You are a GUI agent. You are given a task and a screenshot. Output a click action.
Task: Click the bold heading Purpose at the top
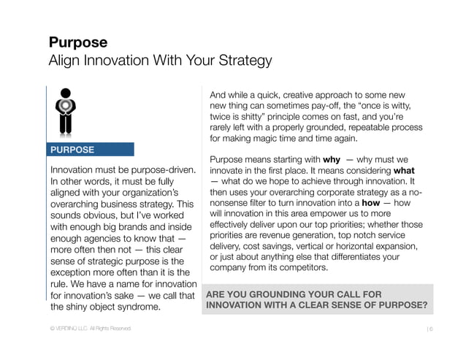[x=78, y=42]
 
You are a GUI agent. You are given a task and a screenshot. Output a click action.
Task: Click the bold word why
[x=332, y=159]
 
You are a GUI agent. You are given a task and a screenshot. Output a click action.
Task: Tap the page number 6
[x=432, y=330]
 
